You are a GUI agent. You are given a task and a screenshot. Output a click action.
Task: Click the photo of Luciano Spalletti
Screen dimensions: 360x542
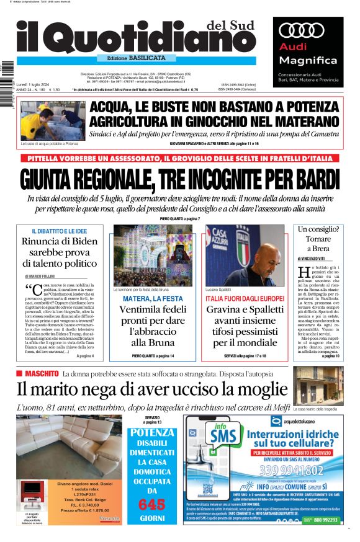coord(244,255)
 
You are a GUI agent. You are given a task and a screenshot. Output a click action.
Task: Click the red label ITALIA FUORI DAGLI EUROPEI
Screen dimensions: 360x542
coord(244,298)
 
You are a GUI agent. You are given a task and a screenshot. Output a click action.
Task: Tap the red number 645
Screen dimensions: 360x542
coord(152,503)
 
